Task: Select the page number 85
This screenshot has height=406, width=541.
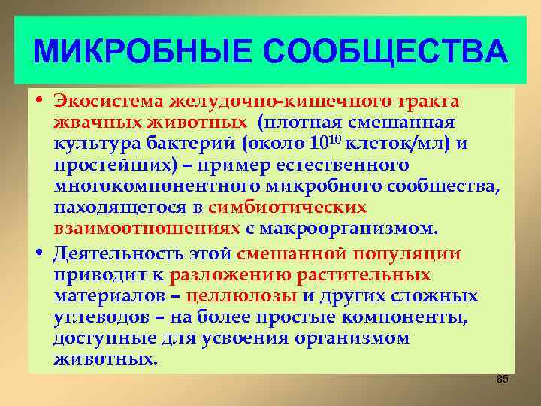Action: tap(503, 379)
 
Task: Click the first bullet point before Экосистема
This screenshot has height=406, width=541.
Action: tap(40, 102)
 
